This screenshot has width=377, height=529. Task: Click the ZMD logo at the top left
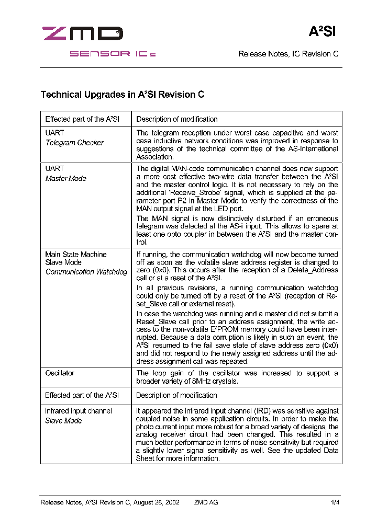pos(82,34)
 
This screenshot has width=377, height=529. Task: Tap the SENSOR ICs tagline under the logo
pos(113,54)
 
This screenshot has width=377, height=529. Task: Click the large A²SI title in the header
pos(321,32)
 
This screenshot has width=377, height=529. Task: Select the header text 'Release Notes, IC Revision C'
pos(288,54)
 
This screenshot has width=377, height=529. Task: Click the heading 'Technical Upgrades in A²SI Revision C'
pos(122,95)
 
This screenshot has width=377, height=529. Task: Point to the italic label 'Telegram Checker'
pos(74,143)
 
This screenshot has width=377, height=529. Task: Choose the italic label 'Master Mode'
pos(65,178)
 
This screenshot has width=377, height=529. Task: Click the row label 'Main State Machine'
pos(75,254)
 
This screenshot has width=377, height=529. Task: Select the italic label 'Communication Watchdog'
pos(86,272)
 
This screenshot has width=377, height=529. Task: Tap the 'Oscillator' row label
pos(60,373)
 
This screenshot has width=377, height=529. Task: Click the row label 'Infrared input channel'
pos(78,411)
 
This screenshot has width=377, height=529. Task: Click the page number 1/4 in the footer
pos(335,502)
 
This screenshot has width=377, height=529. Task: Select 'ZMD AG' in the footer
pos(206,502)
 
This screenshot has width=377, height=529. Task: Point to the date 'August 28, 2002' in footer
pos(156,502)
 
